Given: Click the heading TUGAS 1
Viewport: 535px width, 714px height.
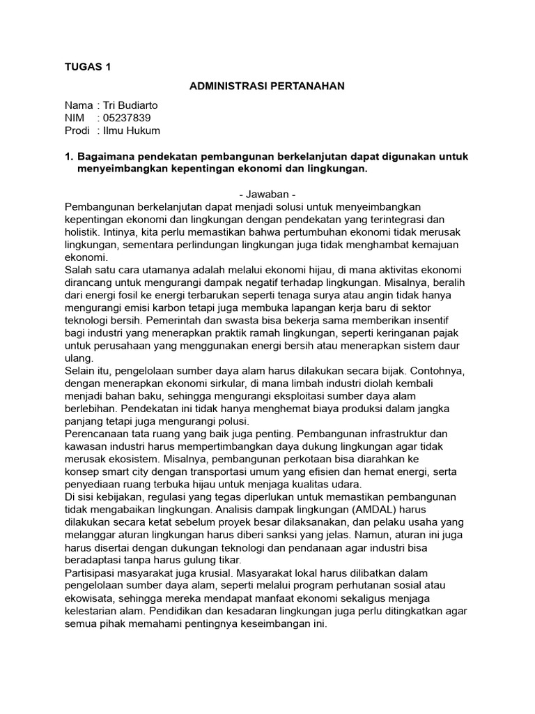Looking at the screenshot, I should pyautogui.click(x=87, y=67).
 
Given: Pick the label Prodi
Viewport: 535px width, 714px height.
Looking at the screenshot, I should pyautogui.click(x=77, y=130).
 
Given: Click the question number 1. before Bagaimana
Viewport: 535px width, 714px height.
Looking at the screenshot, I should pyautogui.click(x=68, y=156).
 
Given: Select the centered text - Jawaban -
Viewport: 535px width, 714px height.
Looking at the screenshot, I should pyautogui.click(x=267, y=195).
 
